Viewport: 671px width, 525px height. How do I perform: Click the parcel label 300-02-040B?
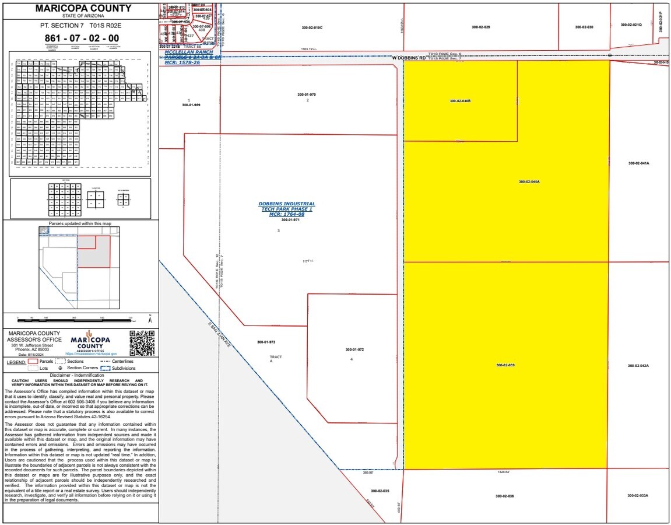tap(460, 101)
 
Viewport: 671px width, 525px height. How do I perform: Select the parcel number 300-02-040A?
tap(529, 181)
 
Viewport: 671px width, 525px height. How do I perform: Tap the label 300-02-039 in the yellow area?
tap(505, 365)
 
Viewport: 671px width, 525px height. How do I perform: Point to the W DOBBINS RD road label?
tap(409, 58)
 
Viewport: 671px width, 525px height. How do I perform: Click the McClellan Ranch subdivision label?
tap(192, 57)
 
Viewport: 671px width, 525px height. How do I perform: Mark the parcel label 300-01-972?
tap(354, 349)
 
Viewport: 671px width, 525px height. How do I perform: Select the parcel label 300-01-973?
tap(266, 342)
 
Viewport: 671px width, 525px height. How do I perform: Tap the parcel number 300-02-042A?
tap(638, 366)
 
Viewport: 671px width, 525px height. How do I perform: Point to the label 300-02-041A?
tap(638, 163)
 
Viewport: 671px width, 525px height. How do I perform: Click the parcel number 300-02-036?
tap(504, 496)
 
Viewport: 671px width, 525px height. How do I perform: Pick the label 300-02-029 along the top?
tap(481, 27)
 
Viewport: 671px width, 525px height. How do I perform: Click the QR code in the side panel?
tap(142, 342)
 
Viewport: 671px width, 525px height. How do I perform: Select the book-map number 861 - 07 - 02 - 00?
tap(82, 38)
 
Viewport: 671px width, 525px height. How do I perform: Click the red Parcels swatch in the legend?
tap(33, 361)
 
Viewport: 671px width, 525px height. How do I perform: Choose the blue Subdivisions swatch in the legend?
tap(106, 368)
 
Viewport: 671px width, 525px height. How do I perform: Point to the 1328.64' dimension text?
tap(504, 472)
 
